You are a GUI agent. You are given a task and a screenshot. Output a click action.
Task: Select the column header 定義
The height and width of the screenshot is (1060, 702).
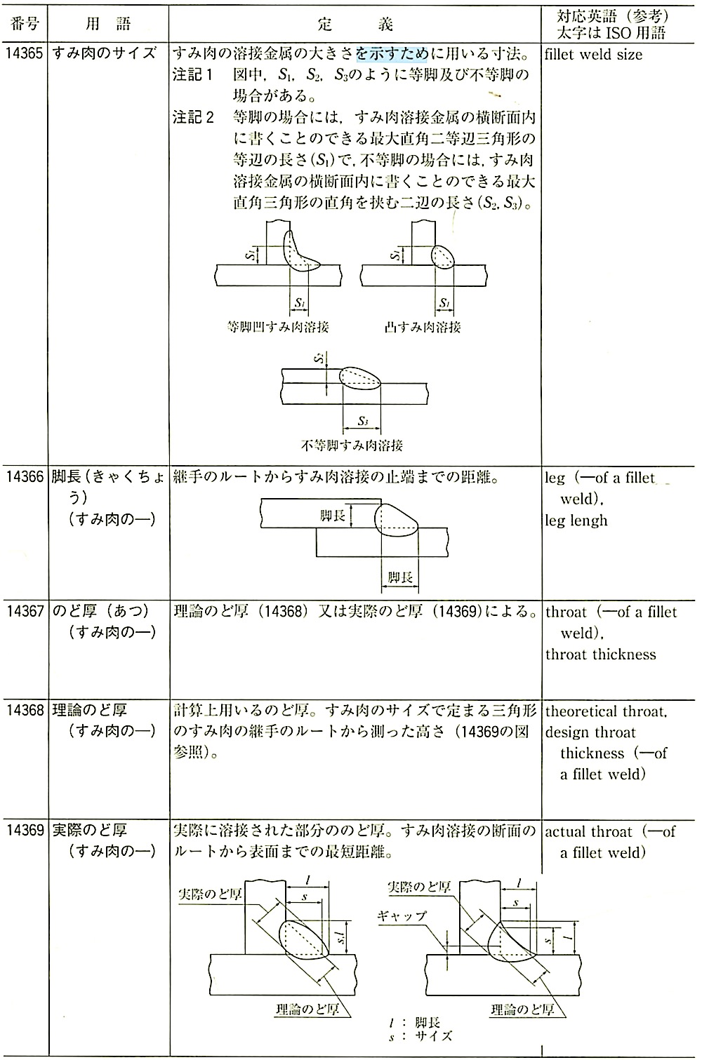click(355, 25)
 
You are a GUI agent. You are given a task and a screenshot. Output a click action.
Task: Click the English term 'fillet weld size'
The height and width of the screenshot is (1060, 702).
click(593, 55)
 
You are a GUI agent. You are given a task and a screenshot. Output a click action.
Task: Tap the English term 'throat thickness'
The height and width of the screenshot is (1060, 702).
click(601, 655)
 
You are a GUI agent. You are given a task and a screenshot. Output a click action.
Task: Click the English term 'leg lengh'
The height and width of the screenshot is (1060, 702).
click(576, 521)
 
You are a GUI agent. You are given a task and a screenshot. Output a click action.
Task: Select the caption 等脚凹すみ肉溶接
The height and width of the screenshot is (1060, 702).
click(279, 327)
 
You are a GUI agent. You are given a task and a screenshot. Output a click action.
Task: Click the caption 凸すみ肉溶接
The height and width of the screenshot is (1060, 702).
click(423, 327)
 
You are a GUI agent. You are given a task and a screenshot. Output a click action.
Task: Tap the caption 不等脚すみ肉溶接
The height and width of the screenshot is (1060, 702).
click(352, 445)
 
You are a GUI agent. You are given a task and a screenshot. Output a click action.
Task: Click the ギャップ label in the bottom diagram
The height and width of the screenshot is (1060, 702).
click(402, 916)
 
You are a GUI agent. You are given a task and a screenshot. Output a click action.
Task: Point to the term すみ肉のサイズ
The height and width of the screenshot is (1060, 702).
click(103, 55)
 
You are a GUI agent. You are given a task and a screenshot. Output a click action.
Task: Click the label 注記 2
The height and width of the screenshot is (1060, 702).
click(193, 116)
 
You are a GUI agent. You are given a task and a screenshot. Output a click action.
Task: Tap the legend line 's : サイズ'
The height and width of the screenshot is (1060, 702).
click(420, 1035)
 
